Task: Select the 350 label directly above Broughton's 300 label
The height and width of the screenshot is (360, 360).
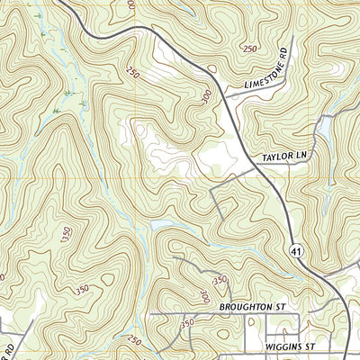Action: pyautogui.click(x=220, y=280)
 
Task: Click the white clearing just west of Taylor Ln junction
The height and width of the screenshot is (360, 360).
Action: pyautogui.click(x=216, y=162)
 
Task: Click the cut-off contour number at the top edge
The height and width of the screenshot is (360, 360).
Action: pyautogui.click(x=132, y=4)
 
